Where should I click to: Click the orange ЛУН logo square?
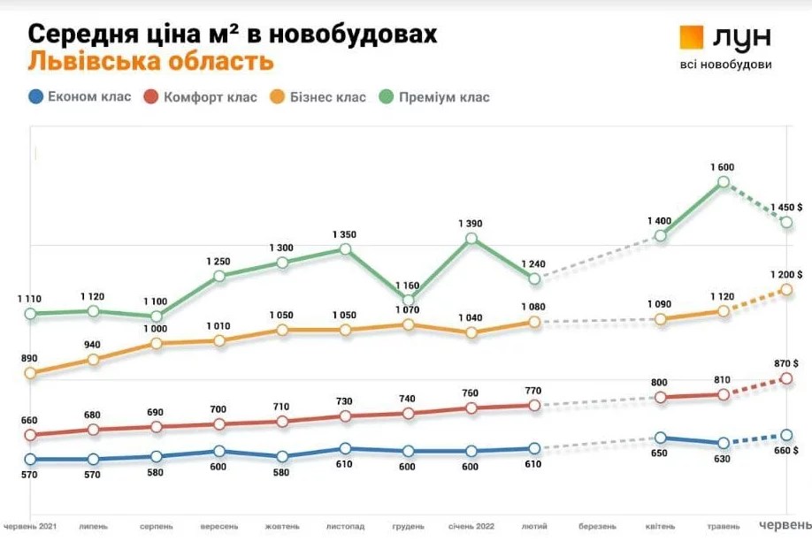[691, 36]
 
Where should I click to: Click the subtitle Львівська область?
[150, 62]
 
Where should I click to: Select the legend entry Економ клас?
[80, 96]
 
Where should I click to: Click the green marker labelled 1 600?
[724, 182]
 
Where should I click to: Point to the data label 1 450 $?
[785, 207]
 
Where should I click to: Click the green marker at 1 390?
[471, 239]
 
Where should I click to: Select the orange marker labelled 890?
[31, 373]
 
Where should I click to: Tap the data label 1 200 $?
[785, 274]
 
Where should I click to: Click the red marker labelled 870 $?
[786, 378]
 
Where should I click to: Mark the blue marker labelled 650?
[660, 438]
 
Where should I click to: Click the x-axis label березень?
[598, 526]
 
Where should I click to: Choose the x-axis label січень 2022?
[471, 526]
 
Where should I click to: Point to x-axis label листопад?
[345, 526]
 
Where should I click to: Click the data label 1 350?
[345, 234]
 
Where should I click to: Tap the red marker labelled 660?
[31, 435]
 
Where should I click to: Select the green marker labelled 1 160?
[409, 300]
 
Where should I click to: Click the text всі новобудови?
[725, 65]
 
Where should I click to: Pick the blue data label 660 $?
[785, 451]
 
